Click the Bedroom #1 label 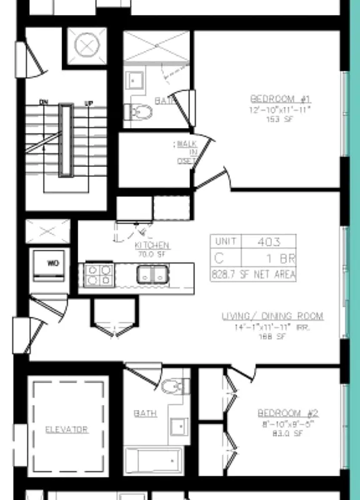280,99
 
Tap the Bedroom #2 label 288,413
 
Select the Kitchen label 152,246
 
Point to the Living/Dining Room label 272,316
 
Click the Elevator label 66,429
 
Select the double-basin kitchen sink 152,274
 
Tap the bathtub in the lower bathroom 153,461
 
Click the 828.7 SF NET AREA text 254,274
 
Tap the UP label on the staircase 88,103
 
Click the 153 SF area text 280,119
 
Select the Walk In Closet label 186,152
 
